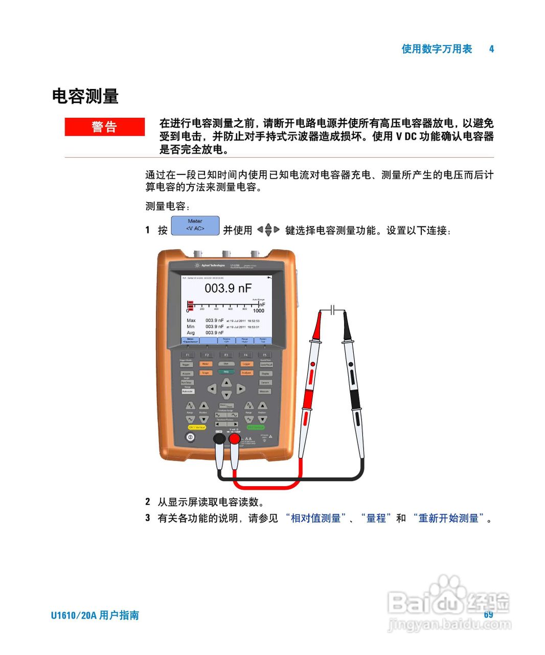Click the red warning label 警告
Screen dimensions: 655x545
coord(105,127)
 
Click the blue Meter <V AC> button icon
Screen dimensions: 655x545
coord(195,226)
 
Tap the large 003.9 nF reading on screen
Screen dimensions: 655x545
coord(228,288)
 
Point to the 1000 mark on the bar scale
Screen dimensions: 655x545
coord(259,311)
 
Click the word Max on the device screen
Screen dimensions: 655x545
coord(191,320)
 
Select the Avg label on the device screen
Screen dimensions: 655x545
coord(191,333)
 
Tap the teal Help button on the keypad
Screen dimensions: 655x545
coord(226,372)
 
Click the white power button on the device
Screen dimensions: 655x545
coord(190,438)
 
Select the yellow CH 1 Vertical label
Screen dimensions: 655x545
coord(197,427)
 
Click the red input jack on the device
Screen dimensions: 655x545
coord(234,439)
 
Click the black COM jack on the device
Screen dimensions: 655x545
coord(219,439)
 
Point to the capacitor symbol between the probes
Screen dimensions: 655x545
coord(332,310)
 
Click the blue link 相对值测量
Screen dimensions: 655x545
coord(315,518)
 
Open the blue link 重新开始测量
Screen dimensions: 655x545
coord(448,518)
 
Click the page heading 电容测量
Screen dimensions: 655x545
coord(85,96)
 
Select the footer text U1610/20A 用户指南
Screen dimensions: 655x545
coord(95,615)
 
